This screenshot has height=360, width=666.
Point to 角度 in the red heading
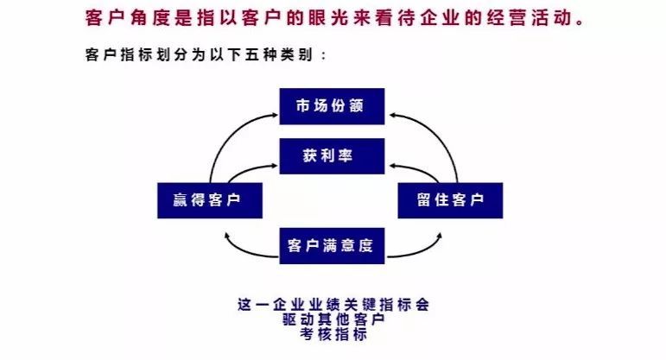click(x=148, y=16)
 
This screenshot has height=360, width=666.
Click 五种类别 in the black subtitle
click(x=280, y=54)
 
